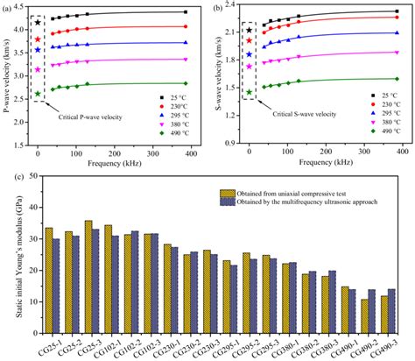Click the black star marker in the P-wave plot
(38, 23)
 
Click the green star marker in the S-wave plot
(250, 92)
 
